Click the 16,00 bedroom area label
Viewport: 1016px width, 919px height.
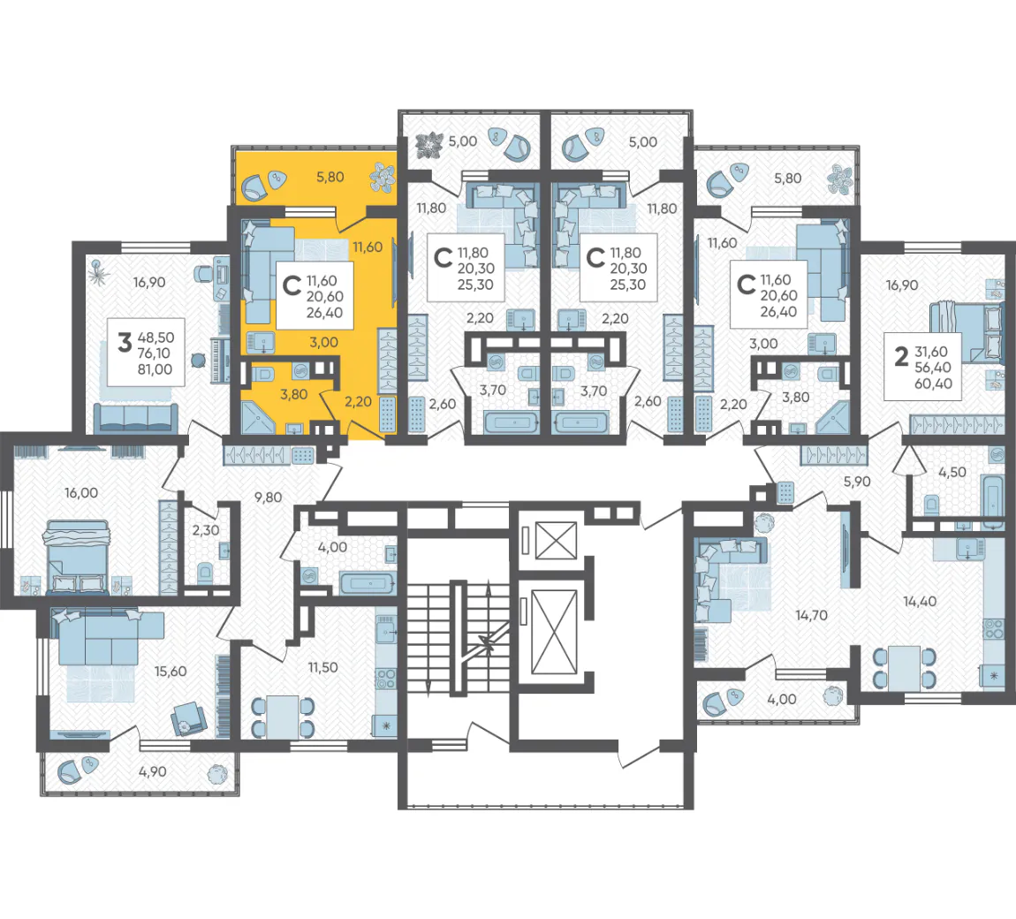81,493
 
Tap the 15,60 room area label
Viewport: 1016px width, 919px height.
171,672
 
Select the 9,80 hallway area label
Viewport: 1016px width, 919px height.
268,497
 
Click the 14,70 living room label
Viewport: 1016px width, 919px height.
811,615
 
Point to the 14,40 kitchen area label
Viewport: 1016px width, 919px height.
920,602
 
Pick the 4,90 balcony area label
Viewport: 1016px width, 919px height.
152,772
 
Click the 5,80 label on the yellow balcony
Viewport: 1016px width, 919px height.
330,177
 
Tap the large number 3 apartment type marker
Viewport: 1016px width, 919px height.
125,342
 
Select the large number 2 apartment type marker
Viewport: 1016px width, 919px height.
900,356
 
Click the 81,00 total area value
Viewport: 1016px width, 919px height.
155,369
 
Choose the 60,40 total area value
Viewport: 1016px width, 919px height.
933,384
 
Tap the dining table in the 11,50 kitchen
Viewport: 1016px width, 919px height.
283,718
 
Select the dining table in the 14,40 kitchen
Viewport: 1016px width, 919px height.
904,668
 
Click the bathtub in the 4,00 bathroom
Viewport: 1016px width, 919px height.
368,583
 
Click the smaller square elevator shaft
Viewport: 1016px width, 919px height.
556,541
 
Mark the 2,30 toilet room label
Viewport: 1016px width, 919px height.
205,530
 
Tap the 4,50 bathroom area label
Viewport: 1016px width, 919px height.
952,473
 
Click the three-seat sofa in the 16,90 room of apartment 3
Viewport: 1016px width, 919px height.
135,418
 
